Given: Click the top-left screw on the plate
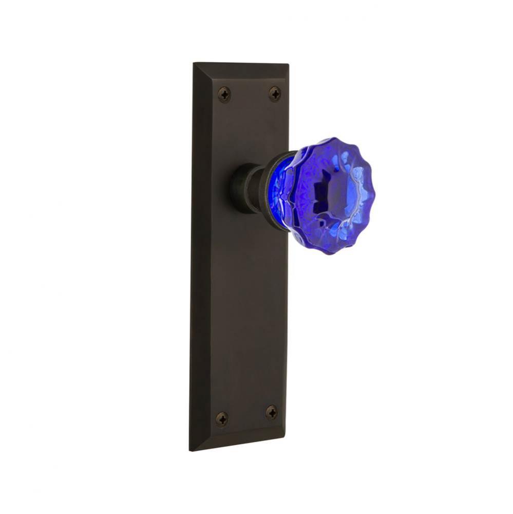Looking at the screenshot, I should point(224,94).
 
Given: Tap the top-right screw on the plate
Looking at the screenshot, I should point(275,94).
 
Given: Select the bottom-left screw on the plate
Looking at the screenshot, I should point(222,418).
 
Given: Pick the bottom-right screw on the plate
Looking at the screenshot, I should point(271,412).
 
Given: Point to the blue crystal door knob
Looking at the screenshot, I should point(329,196).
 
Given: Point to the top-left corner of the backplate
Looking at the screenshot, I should point(194,64).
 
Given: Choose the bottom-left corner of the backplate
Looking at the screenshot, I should point(191,450).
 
